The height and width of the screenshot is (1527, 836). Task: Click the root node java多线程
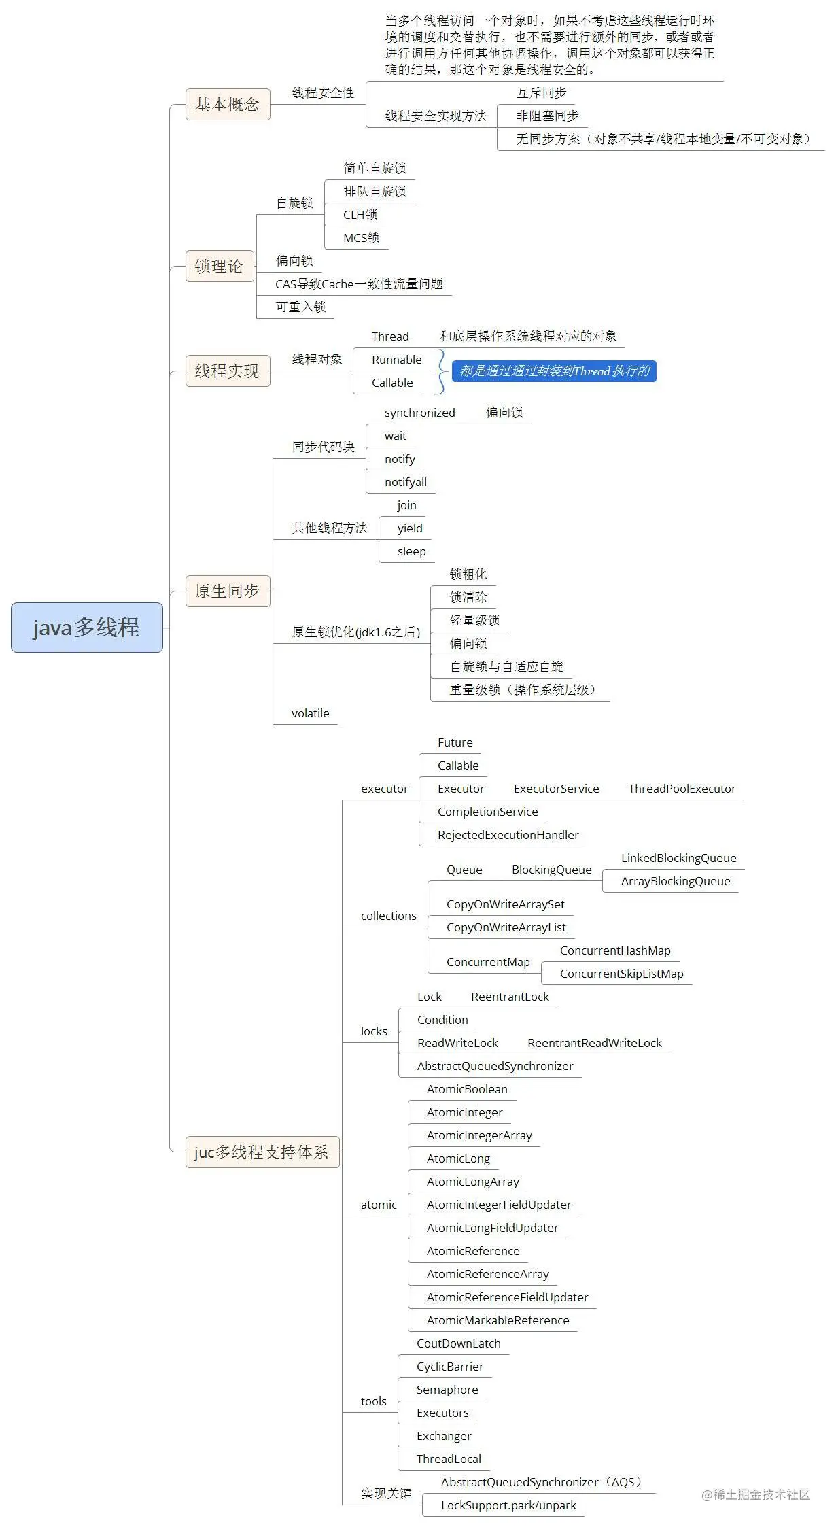(x=86, y=627)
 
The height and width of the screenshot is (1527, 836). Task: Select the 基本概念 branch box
(x=227, y=104)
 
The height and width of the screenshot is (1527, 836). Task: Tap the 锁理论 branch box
(x=219, y=266)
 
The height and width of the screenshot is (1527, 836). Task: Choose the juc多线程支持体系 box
(x=262, y=1152)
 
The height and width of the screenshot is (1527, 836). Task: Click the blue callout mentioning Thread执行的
(x=554, y=371)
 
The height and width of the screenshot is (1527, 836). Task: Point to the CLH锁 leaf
(x=360, y=215)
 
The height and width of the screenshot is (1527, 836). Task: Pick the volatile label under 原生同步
(x=310, y=713)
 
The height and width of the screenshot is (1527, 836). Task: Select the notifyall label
(x=405, y=482)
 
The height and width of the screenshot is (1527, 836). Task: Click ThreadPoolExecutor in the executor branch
(x=682, y=789)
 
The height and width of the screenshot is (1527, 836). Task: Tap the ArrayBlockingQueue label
(x=675, y=881)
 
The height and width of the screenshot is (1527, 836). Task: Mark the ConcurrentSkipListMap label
(x=621, y=974)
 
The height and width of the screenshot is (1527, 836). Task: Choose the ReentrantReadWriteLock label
(x=594, y=1043)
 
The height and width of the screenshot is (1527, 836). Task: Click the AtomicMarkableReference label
(x=498, y=1320)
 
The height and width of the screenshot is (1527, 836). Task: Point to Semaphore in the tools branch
(x=447, y=1390)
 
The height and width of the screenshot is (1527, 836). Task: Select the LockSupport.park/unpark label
(x=508, y=1505)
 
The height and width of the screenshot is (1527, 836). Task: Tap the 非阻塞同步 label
(x=547, y=116)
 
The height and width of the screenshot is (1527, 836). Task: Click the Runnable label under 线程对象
(x=396, y=360)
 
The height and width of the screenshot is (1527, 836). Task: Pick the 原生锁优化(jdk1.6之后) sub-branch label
(x=355, y=632)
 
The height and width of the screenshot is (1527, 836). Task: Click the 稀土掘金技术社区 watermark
(x=756, y=1494)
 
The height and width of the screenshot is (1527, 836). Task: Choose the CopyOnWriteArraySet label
(x=505, y=904)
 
